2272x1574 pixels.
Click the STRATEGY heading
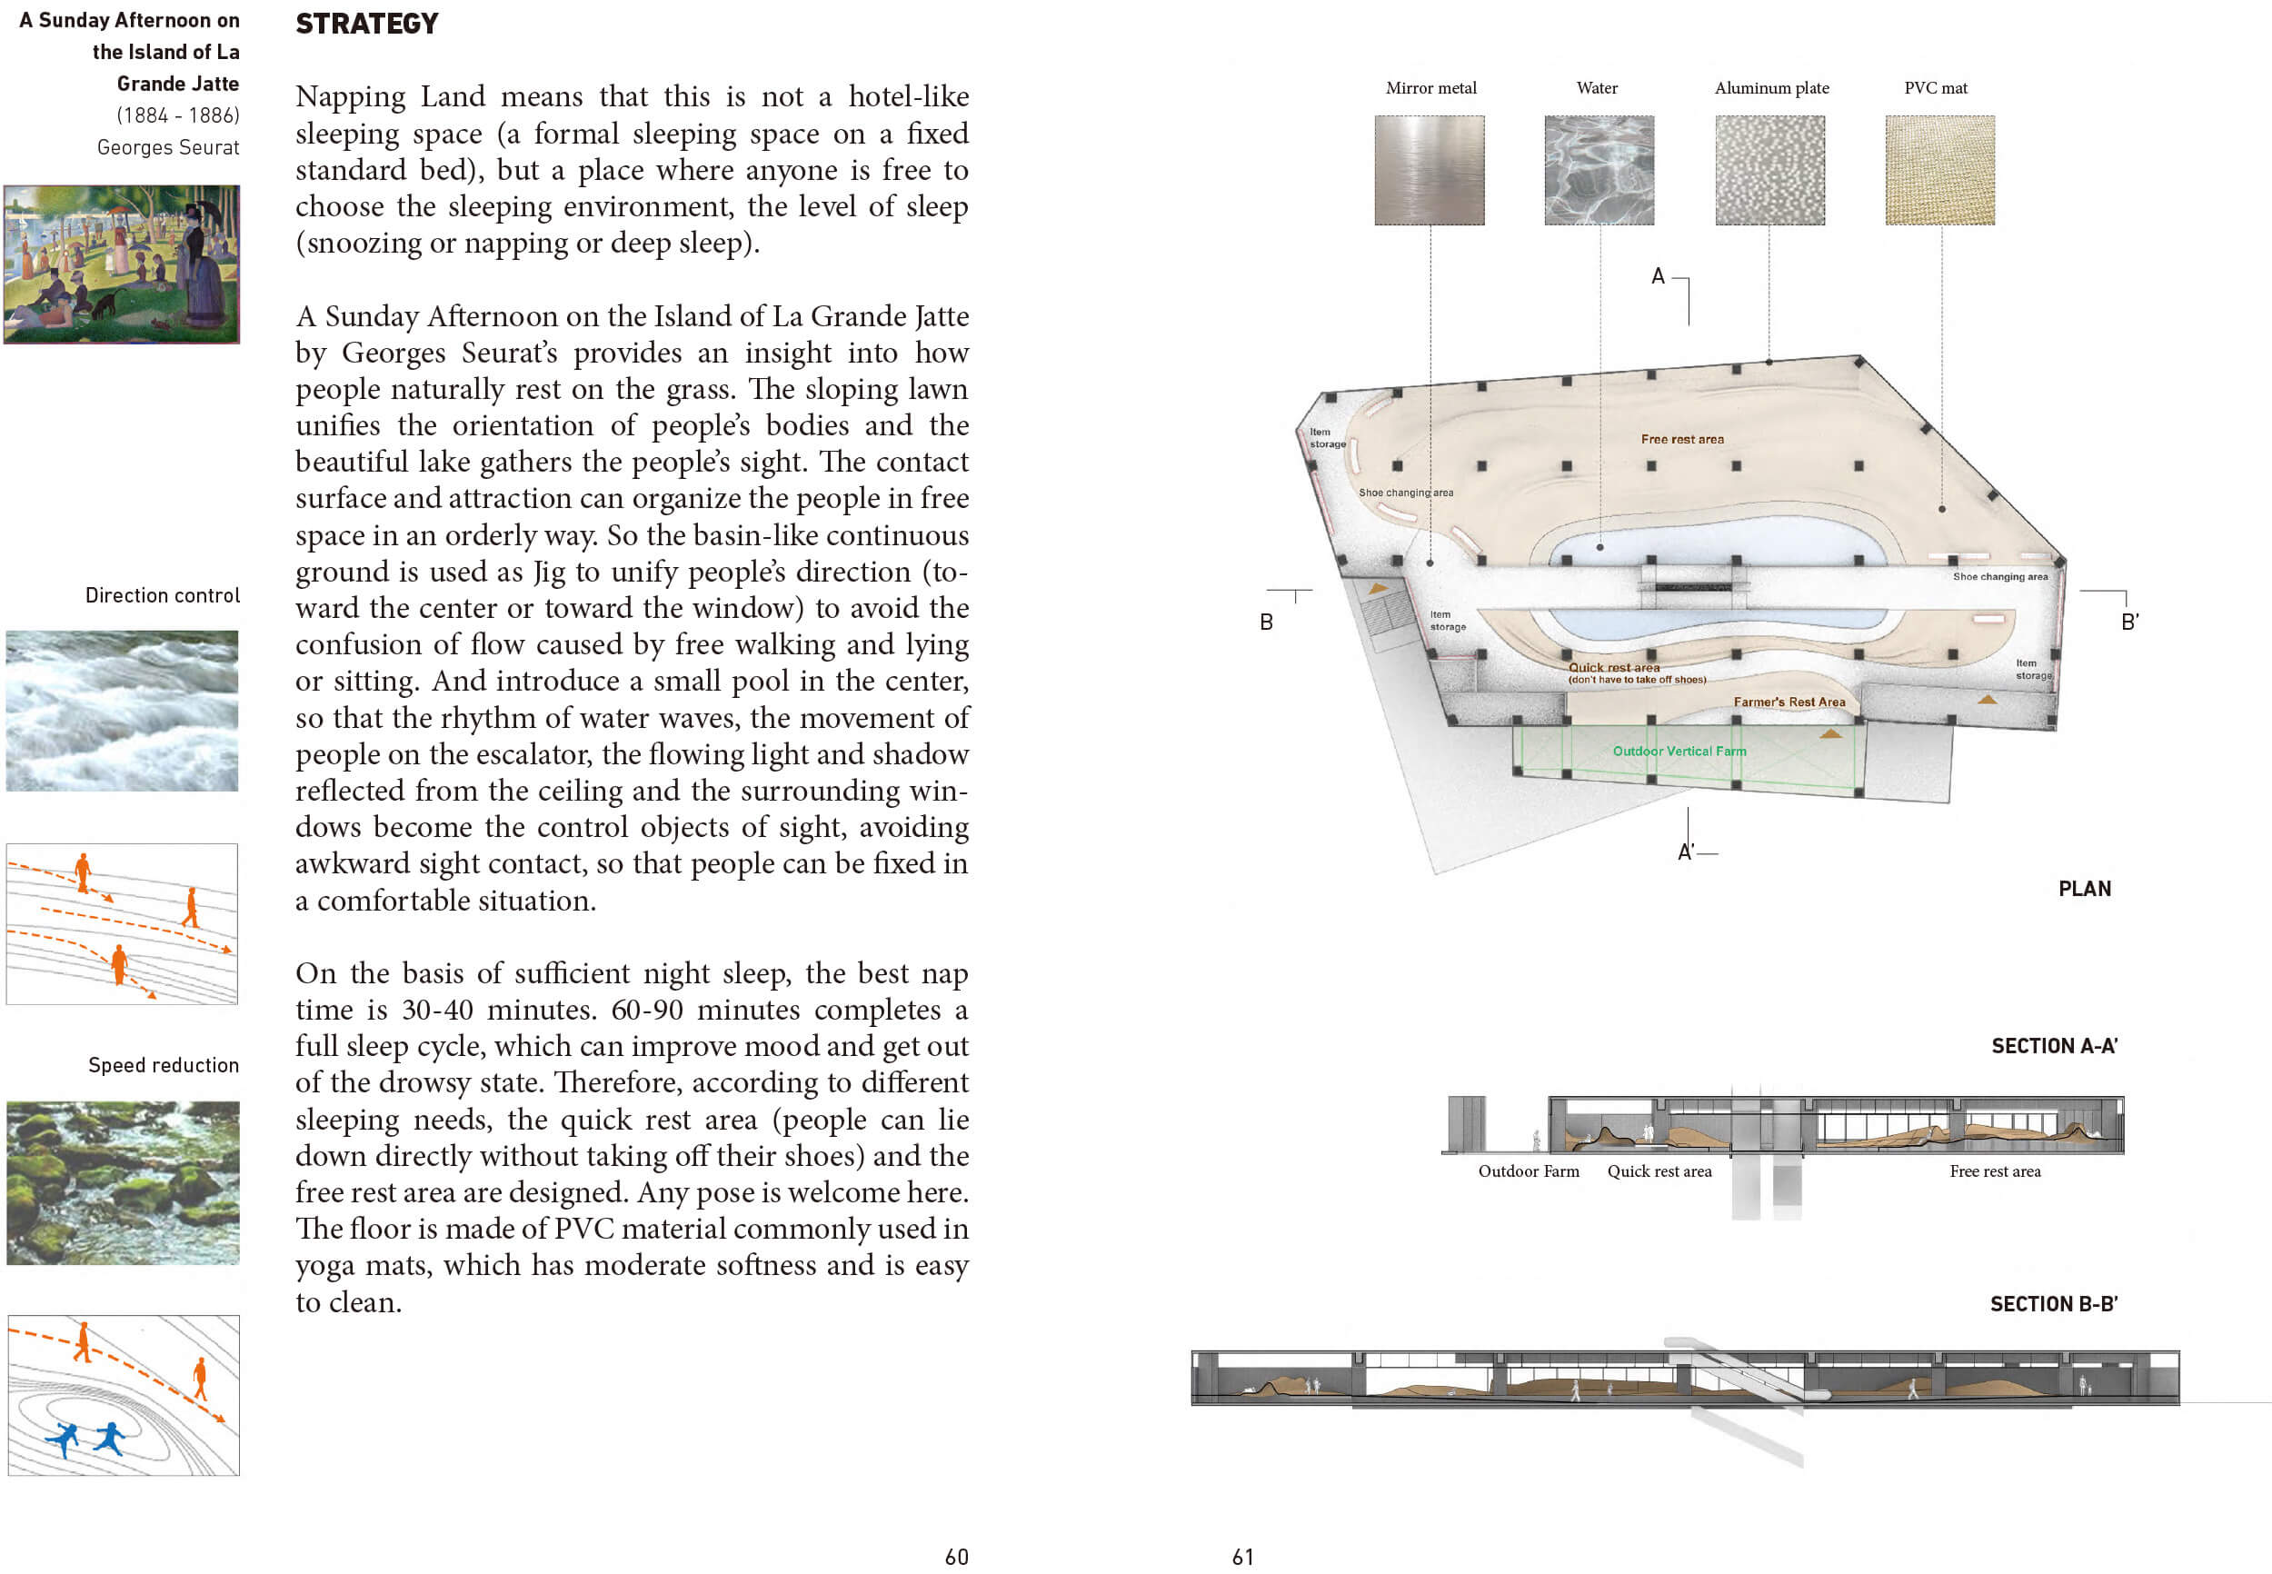pyautogui.click(x=367, y=24)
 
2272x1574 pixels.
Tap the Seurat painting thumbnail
pyautogui.click(x=121, y=264)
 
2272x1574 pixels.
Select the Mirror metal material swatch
pyautogui.click(x=1429, y=170)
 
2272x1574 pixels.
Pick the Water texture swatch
pyautogui.click(x=1599, y=170)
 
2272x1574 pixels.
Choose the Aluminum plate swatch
pyautogui.click(x=1769, y=170)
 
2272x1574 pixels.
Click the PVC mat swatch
pyautogui.click(x=1939, y=170)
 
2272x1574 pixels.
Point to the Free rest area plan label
pyautogui.click(x=1682, y=439)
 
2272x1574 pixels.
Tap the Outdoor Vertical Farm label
pyautogui.click(x=1679, y=751)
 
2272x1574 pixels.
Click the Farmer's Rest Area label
pyautogui.click(x=1789, y=702)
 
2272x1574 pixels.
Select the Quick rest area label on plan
pyautogui.click(x=1614, y=667)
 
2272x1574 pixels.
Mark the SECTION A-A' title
pyautogui.click(x=2054, y=1045)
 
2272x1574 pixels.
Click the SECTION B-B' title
pyautogui.click(x=2053, y=1304)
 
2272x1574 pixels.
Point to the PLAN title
pyautogui.click(x=2085, y=889)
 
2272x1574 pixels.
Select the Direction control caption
pyautogui.click(x=163, y=594)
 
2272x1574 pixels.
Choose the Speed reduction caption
pyautogui.click(x=164, y=1065)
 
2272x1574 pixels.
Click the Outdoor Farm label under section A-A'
pyautogui.click(x=1529, y=1171)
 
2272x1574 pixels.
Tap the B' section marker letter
pyautogui.click(x=2130, y=622)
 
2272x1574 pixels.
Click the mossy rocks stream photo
pyautogui.click(x=123, y=1182)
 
